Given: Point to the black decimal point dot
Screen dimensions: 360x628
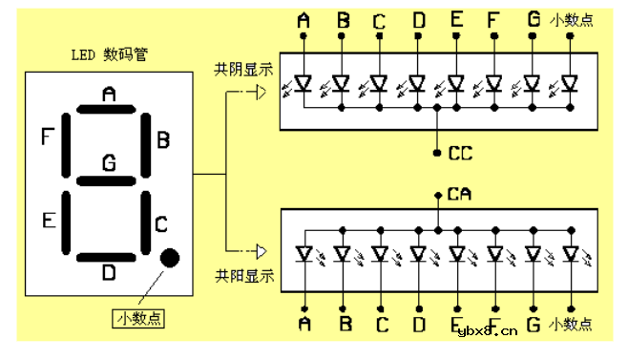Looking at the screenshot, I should (x=170, y=257).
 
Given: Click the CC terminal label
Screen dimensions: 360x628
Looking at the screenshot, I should (x=460, y=153).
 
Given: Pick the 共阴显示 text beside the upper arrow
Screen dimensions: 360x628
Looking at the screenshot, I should (x=244, y=71).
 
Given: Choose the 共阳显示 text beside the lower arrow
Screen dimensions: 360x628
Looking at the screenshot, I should (x=244, y=277).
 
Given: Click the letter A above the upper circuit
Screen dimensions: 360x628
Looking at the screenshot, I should (x=304, y=19).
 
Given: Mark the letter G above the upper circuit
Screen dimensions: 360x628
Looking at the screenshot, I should (x=533, y=19).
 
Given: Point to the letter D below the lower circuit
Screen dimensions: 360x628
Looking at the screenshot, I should (x=418, y=326).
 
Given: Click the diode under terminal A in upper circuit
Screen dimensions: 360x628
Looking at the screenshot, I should (x=304, y=83).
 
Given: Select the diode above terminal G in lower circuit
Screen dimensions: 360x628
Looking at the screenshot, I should (x=533, y=254).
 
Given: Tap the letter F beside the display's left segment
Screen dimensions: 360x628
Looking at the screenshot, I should (x=47, y=138).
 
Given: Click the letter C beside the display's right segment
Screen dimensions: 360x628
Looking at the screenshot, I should (x=161, y=225).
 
